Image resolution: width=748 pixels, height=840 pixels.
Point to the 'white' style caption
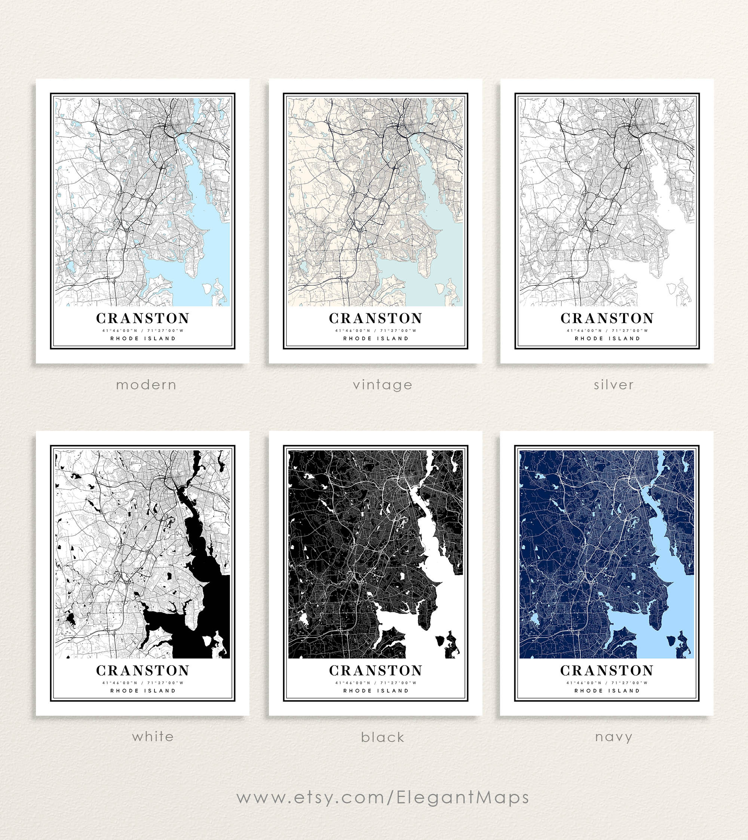[x=153, y=736]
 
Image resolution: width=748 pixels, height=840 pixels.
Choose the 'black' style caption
[x=382, y=737]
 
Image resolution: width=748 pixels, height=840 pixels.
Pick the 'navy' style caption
[x=613, y=737]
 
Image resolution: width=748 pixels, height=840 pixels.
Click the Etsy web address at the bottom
[x=383, y=797]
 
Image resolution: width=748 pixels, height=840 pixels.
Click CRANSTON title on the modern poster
[x=142, y=318]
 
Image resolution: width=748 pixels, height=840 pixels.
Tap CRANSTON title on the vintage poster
[x=375, y=318]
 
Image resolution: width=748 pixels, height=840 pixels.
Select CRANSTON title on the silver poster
[x=607, y=318]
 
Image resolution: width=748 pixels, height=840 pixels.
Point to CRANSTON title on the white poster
[x=142, y=670]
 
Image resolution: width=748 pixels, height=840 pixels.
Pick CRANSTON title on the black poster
[x=375, y=670]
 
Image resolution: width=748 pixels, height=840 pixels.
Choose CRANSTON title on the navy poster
[x=607, y=670]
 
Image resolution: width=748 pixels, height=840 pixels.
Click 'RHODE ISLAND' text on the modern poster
[x=142, y=338]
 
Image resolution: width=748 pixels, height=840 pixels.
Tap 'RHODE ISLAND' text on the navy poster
[x=607, y=691]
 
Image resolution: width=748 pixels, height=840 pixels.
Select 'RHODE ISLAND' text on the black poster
[x=375, y=691]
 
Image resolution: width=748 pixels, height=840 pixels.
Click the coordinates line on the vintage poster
[x=375, y=330]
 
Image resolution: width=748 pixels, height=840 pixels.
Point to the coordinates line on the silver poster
[x=607, y=330]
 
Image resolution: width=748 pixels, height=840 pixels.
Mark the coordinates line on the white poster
[x=142, y=682]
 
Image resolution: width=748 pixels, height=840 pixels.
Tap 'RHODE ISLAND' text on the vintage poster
[x=375, y=338]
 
